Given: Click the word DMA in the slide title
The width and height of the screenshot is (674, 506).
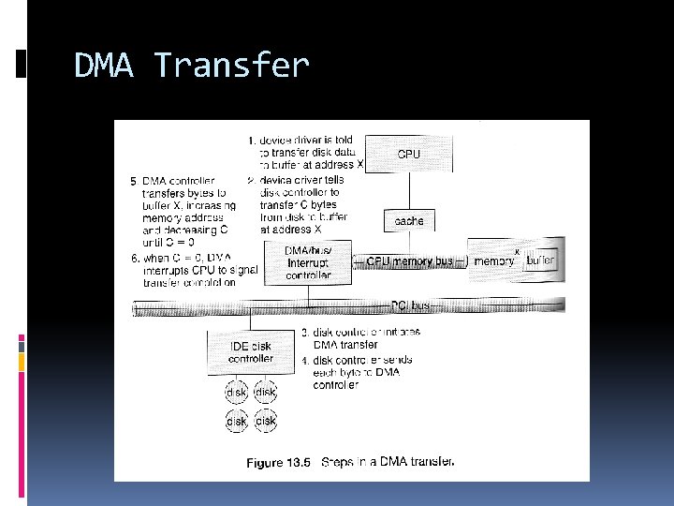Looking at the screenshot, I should (107, 66).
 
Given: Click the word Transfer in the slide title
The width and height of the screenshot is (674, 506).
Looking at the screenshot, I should (231, 66).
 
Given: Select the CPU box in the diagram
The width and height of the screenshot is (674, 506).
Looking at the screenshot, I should (409, 154).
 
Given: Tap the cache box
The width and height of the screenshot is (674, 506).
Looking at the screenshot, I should (409, 221).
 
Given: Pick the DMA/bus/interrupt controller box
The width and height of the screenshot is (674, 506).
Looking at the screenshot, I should (308, 261).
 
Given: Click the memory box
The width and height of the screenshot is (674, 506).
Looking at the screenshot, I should (493, 261).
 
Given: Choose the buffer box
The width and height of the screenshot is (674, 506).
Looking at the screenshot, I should (540, 260).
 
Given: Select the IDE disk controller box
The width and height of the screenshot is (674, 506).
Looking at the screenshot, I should (251, 352).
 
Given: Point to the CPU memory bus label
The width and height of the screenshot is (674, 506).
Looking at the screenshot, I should (409, 261).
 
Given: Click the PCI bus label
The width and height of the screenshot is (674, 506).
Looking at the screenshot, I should (409, 305).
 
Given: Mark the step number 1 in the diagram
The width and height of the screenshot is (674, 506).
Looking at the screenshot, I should (251, 141).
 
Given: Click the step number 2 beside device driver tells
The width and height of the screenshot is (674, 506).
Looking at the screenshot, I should (251, 180).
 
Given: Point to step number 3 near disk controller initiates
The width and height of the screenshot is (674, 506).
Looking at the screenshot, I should (304, 333).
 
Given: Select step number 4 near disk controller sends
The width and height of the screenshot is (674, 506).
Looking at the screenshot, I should (304, 360).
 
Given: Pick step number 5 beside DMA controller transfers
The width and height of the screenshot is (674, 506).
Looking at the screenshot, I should (133, 180).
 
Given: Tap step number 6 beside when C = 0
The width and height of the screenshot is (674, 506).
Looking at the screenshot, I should (133, 258).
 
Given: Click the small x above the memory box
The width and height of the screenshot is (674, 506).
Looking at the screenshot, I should (517, 251).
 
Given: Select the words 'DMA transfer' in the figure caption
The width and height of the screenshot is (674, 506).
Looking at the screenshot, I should (417, 462).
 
